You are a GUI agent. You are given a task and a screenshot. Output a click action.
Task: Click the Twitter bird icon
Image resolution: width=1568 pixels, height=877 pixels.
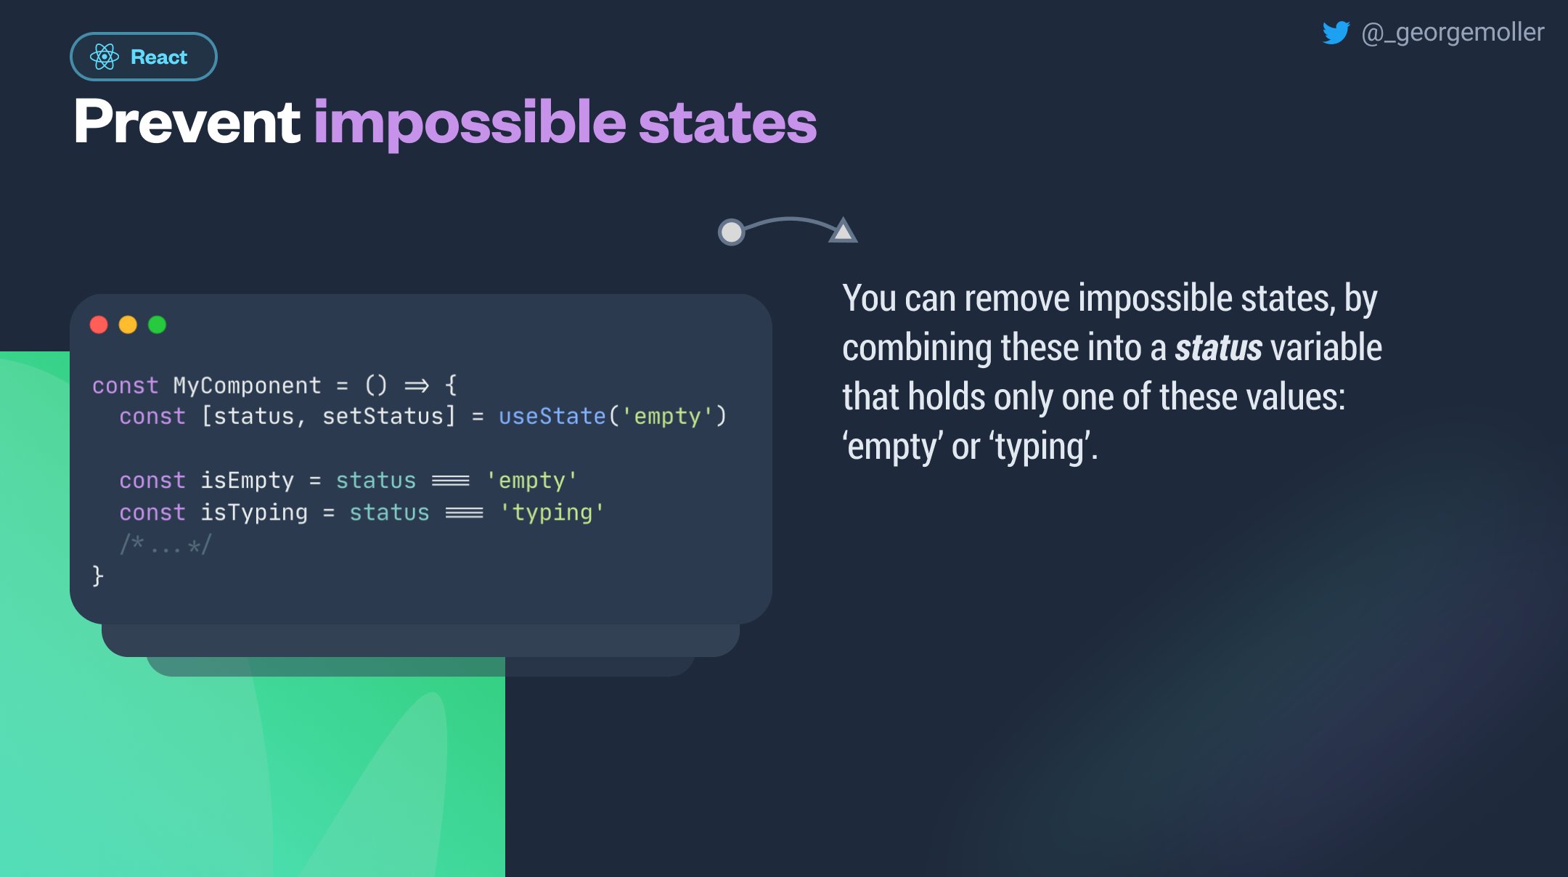(x=1336, y=33)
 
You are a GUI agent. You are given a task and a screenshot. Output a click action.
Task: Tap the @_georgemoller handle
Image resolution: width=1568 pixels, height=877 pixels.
(x=1453, y=33)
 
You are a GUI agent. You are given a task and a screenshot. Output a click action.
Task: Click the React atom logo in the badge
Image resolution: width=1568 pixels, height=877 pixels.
(x=105, y=57)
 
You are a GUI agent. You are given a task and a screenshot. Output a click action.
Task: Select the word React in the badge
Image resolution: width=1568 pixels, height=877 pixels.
(x=159, y=57)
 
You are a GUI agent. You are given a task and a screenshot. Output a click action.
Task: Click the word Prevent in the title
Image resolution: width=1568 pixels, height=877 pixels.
(x=187, y=121)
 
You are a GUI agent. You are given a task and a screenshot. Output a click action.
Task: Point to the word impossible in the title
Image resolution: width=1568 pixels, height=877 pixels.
(x=469, y=124)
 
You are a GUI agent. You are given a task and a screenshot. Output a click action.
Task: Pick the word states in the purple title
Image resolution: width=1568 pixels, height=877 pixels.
(x=727, y=123)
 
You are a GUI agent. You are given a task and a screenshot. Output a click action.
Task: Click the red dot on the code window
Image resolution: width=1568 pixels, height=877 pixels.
(x=99, y=325)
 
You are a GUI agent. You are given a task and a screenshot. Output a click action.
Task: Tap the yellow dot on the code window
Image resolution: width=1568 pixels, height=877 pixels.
(x=128, y=325)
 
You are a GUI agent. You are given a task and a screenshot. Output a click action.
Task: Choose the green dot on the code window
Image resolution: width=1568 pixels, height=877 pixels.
(x=157, y=325)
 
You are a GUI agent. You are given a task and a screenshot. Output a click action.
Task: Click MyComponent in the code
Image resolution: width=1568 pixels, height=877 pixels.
(x=247, y=386)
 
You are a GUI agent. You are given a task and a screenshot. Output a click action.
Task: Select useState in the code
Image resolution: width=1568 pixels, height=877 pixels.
(x=552, y=416)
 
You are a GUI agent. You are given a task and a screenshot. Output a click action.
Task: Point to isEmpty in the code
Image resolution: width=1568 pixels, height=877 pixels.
(x=247, y=481)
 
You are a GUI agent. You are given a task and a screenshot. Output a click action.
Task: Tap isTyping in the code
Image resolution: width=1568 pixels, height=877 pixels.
(x=254, y=513)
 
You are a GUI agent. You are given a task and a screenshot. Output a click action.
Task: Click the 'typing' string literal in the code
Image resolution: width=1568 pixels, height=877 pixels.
(x=552, y=513)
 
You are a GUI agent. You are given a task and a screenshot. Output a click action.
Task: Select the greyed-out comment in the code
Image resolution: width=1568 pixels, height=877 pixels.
(x=166, y=544)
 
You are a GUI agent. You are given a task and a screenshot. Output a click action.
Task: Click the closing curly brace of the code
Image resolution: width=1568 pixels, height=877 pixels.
(x=98, y=576)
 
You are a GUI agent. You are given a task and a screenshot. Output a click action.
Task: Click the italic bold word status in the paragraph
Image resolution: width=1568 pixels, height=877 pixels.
(x=1218, y=348)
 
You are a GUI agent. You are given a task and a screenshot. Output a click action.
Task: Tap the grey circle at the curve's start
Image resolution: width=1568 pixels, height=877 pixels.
(x=731, y=232)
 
